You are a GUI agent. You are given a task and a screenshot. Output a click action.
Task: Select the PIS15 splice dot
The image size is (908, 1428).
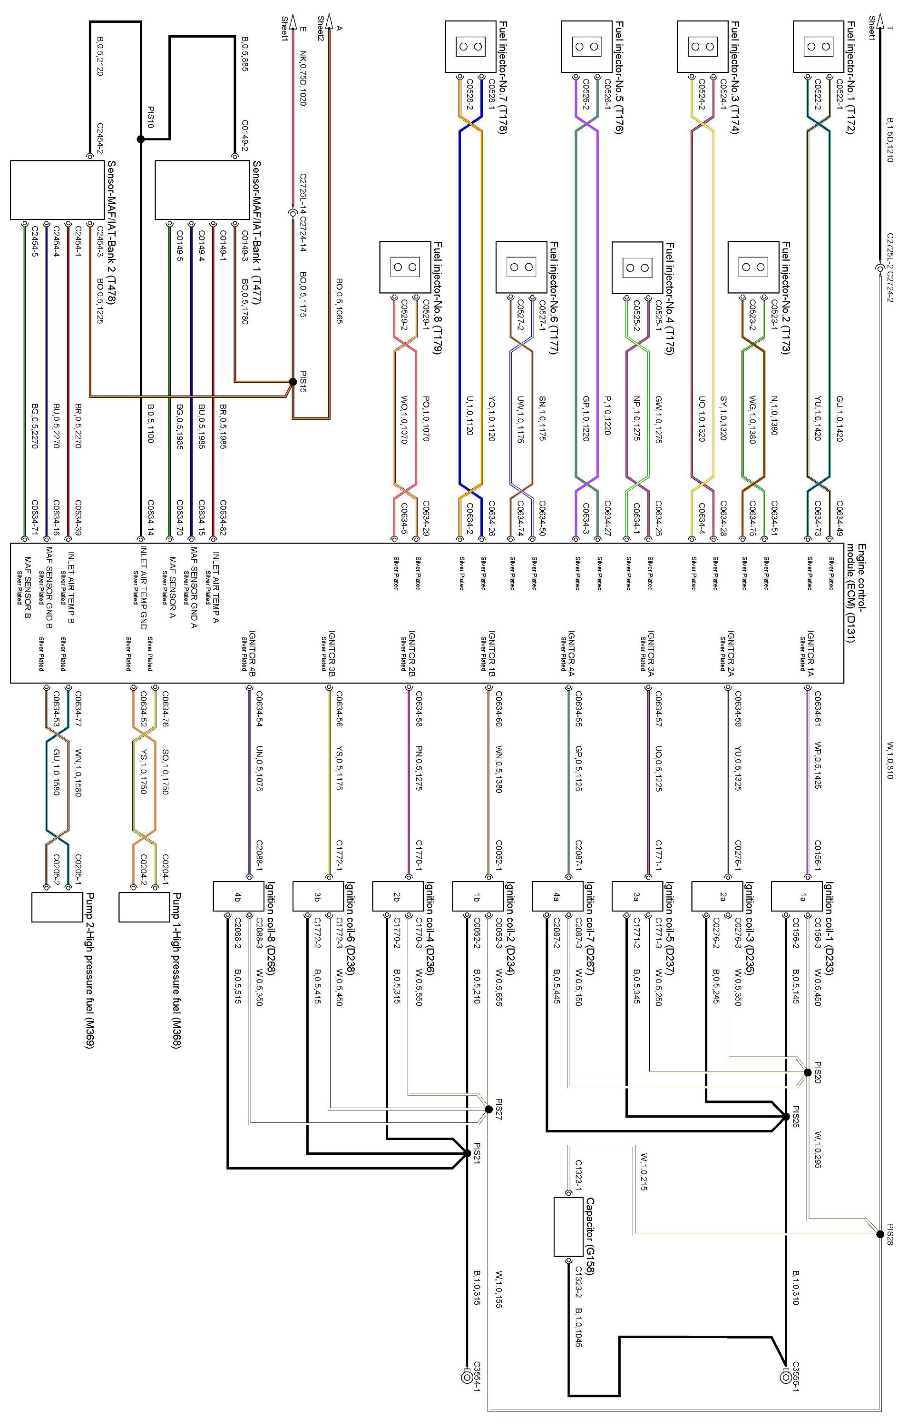pyautogui.click(x=293, y=381)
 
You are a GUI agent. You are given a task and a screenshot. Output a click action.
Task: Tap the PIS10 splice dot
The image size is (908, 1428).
pyautogui.click(x=140, y=139)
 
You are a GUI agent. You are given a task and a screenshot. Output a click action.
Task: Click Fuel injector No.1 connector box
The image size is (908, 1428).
pyautogui.click(x=819, y=46)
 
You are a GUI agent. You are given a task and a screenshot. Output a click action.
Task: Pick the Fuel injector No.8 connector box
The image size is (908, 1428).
pyautogui.click(x=405, y=267)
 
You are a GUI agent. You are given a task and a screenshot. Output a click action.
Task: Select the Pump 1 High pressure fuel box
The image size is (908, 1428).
pyautogui.click(x=144, y=907)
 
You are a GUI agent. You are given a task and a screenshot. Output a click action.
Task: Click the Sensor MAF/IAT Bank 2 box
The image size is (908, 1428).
pyautogui.click(x=58, y=190)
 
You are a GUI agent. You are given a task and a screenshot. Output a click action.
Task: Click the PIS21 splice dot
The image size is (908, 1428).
pyautogui.click(x=467, y=1153)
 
